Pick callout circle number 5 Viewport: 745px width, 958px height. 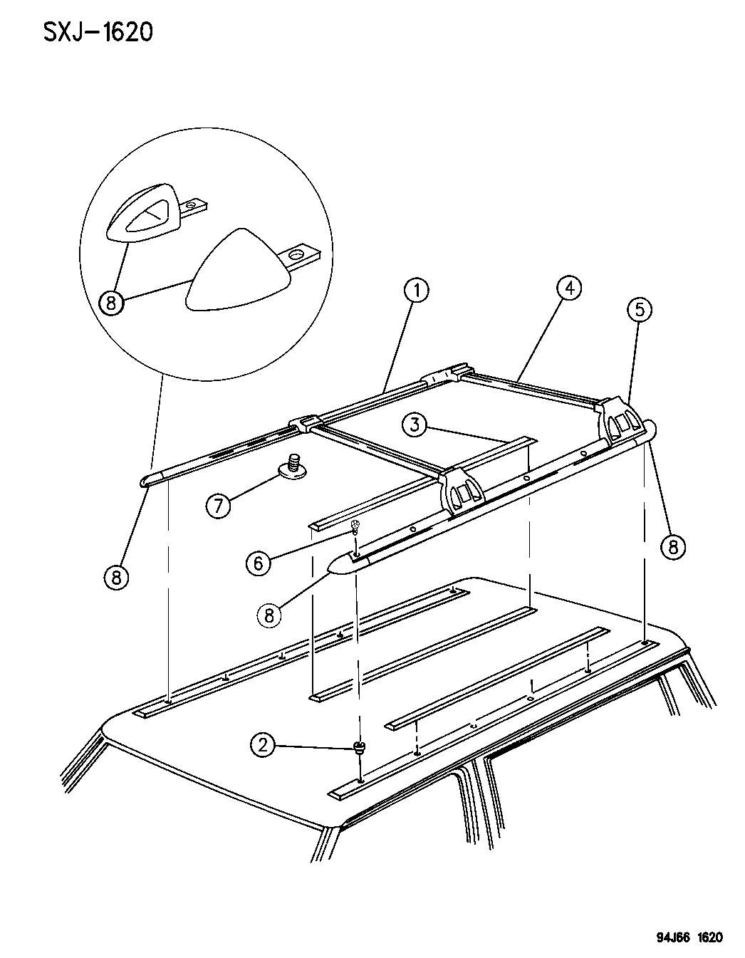click(x=640, y=310)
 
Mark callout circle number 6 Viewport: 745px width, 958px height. click(x=259, y=563)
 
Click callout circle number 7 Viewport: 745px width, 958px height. click(x=219, y=506)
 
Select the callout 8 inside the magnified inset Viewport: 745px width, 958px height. click(x=111, y=303)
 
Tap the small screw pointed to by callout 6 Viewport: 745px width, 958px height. click(x=355, y=528)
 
